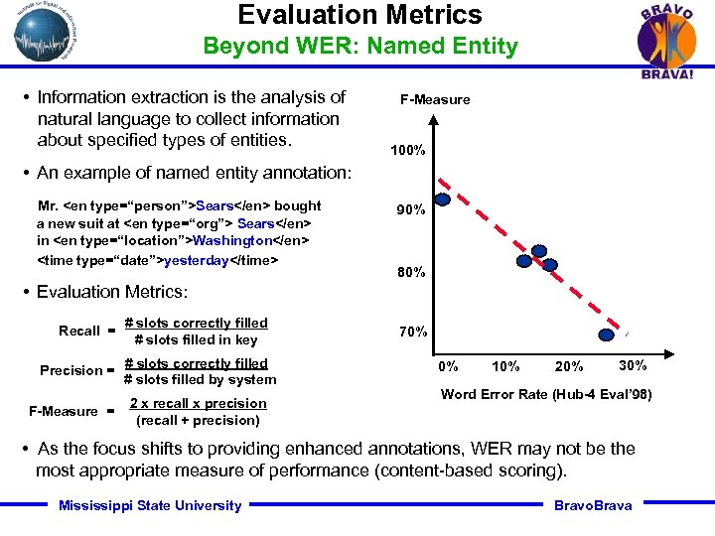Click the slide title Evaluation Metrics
point(359,15)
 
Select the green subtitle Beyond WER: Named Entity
point(360,47)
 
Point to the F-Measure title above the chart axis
point(435,99)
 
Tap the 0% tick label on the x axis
point(449,366)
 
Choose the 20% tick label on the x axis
point(569,366)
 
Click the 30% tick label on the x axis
point(632,364)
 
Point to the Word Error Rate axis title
point(546,394)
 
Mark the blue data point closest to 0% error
point(443,199)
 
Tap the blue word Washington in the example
point(232,241)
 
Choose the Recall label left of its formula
point(79,331)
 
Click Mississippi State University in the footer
point(150,506)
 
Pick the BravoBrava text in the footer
point(592,506)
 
